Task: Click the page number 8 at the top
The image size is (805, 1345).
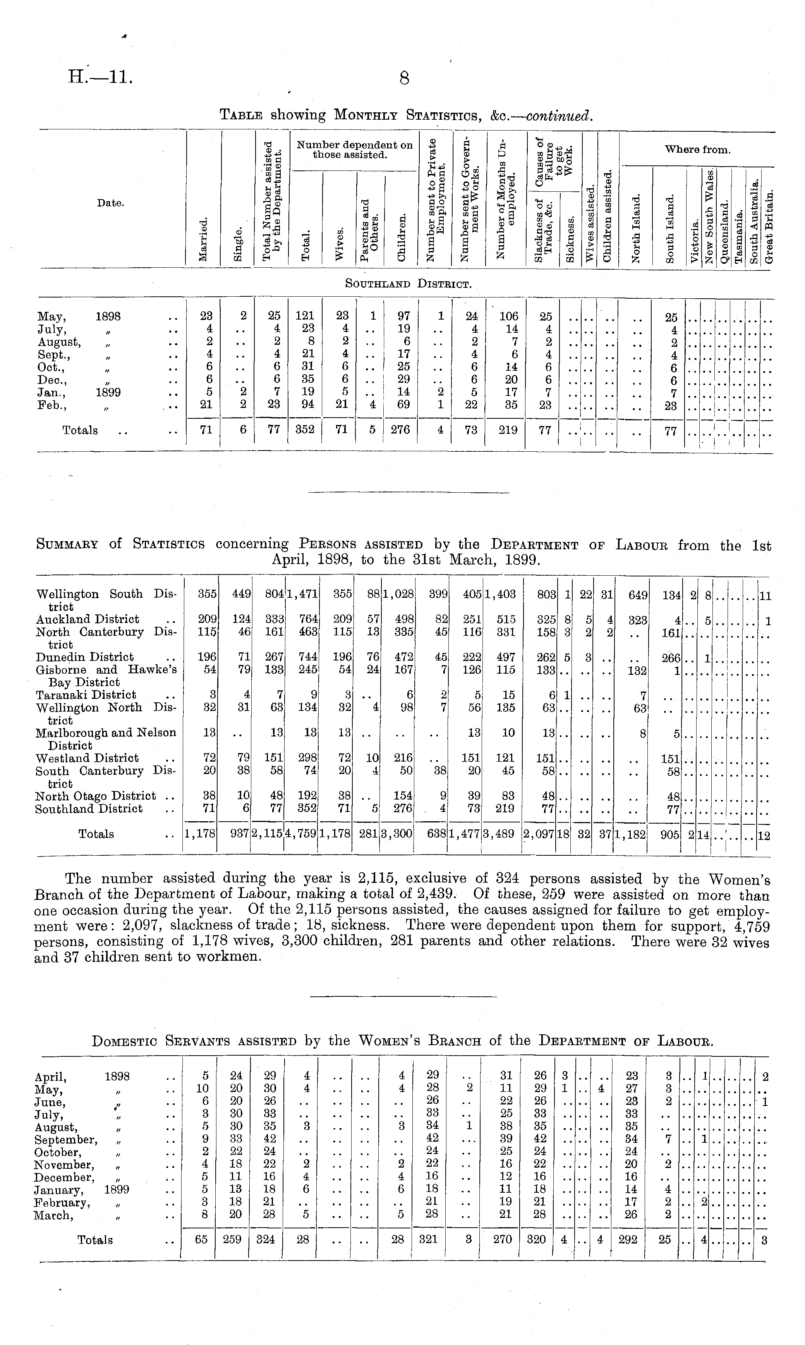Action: [403, 79]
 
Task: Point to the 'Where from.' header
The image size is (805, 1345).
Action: [698, 150]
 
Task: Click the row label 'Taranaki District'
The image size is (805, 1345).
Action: [86, 695]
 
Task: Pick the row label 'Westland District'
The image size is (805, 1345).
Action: [87, 758]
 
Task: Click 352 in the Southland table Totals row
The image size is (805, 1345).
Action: [305, 430]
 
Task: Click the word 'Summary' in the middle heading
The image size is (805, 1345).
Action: [67, 544]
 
